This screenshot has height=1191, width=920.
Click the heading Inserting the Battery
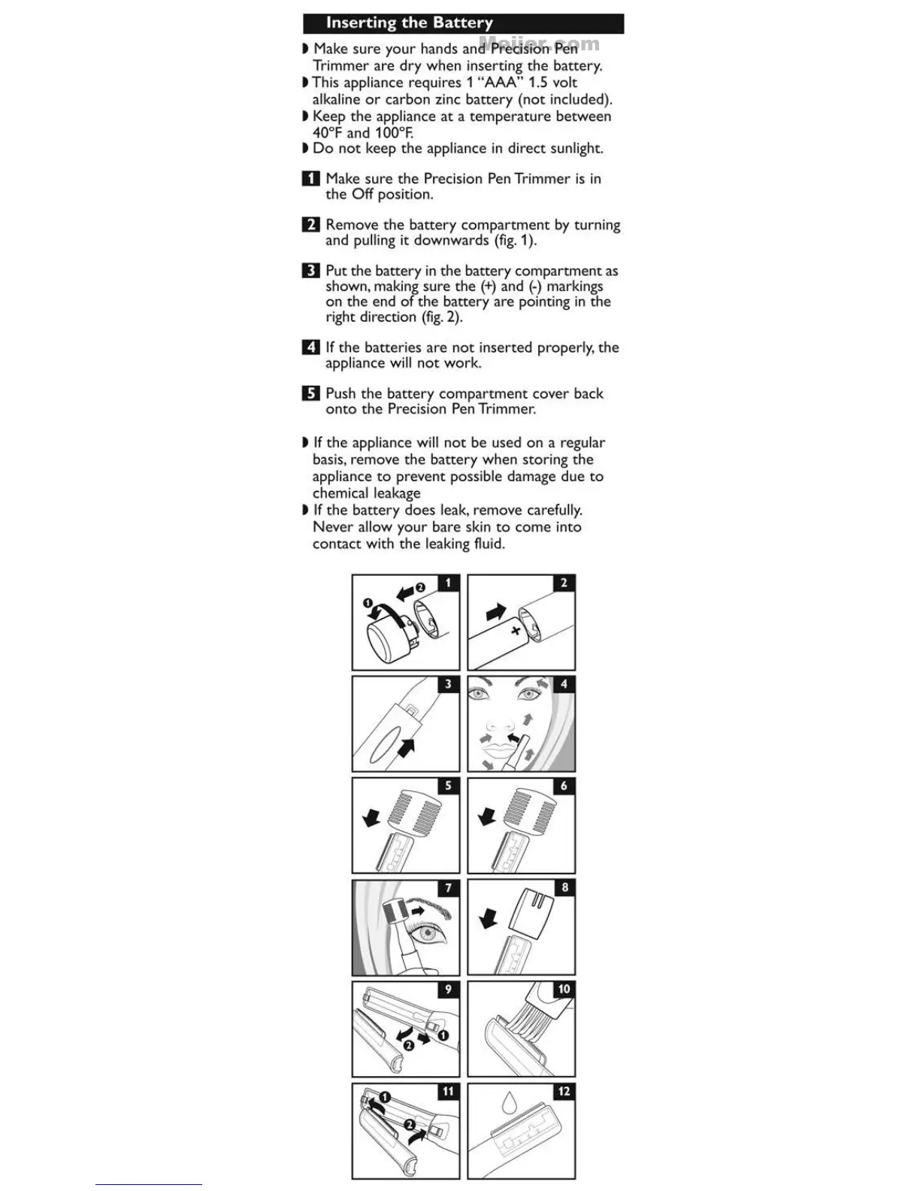409,23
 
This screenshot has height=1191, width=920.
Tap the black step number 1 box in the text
310,179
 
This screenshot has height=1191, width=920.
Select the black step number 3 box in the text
310,271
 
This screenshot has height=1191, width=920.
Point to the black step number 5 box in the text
310,393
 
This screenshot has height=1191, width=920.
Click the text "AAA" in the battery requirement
500,83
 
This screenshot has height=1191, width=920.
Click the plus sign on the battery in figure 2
516,630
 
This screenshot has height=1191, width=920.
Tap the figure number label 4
564,684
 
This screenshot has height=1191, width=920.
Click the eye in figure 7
425,937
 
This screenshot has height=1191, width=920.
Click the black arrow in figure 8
489,918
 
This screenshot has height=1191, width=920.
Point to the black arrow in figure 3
407,747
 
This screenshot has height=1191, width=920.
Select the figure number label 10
564,989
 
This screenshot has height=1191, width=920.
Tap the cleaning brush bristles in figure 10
530,1019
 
